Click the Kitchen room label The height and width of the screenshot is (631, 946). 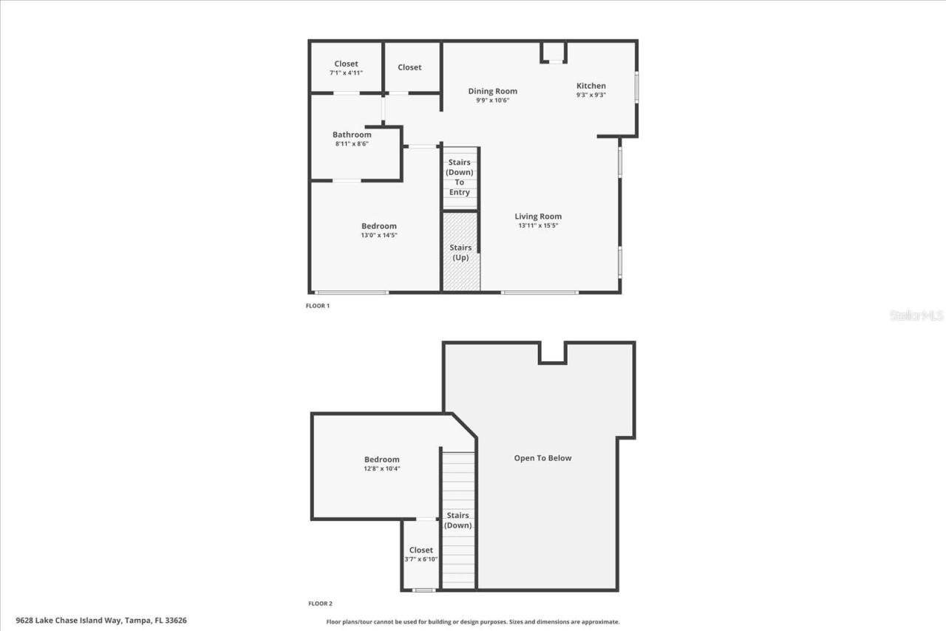click(591, 86)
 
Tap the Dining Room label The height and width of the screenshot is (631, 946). click(492, 91)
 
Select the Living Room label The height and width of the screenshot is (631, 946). click(538, 216)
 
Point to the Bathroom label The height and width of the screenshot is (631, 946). click(352, 134)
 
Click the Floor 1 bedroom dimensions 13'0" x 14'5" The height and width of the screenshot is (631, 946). click(379, 235)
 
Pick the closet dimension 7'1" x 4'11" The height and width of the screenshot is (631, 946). click(346, 72)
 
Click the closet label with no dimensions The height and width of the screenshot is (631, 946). click(409, 67)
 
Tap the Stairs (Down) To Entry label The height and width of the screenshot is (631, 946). click(459, 177)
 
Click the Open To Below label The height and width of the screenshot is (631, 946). click(542, 458)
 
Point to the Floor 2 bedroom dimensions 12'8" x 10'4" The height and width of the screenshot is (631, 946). click(381, 468)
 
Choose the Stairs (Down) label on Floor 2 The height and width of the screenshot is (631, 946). click(458, 520)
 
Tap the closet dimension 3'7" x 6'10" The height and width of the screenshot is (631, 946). click(421, 559)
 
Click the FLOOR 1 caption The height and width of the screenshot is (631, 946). click(318, 305)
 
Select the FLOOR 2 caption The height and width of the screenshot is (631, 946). click(320, 604)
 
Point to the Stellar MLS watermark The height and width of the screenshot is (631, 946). click(916, 315)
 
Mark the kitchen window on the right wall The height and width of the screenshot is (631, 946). click(636, 87)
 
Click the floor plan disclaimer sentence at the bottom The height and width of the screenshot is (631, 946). click(473, 622)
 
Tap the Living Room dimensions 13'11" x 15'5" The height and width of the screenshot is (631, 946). click(538, 225)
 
